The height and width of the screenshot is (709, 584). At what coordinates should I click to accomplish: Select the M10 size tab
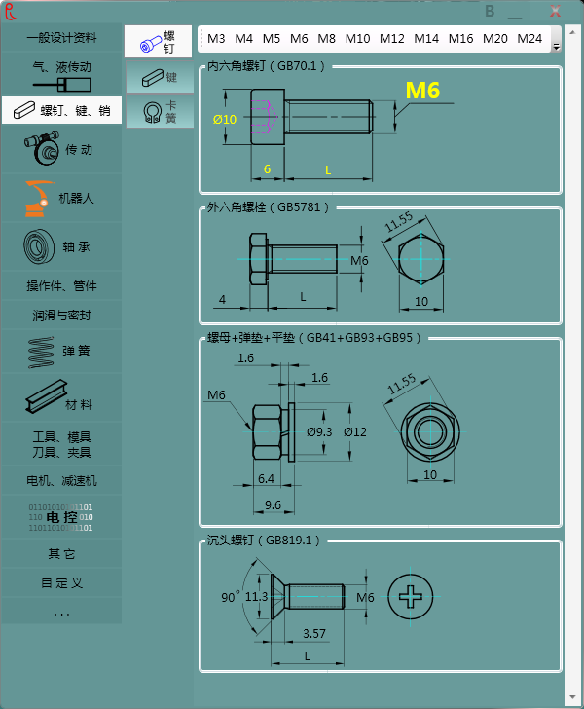(x=357, y=38)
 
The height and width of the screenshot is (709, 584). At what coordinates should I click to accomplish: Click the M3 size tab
(x=216, y=38)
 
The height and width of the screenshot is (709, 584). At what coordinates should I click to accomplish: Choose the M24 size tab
(x=529, y=38)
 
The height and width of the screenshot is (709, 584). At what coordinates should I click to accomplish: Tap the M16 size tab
(x=460, y=38)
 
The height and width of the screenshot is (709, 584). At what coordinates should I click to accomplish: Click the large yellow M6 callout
(x=422, y=91)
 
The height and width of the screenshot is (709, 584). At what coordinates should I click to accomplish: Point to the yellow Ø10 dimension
(x=225, y=120)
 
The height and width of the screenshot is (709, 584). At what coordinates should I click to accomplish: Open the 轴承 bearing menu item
(x=61, y=246)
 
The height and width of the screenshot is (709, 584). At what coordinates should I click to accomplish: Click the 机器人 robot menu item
(x=61, y=198)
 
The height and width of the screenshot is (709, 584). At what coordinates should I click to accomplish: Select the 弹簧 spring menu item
(x=61, y=351)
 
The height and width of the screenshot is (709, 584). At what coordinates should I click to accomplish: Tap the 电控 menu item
(x=61, y=517)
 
